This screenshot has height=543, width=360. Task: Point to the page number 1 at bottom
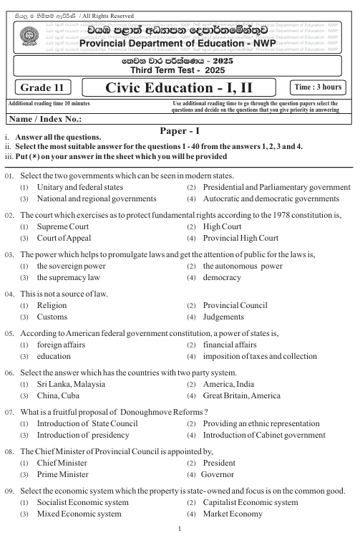point(180,529)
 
